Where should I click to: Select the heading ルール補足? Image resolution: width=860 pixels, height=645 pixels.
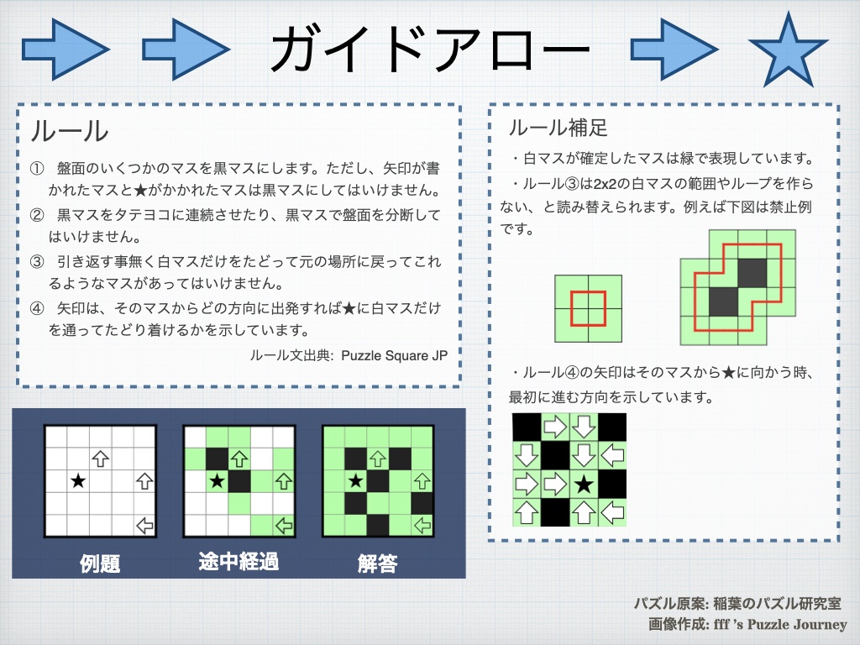tap(558, 128)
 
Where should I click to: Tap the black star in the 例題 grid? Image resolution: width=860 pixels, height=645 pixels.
tap(78, 481)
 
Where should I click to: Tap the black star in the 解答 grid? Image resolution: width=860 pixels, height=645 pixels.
tap(356, 481)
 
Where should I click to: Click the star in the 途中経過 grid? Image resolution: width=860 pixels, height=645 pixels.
tap(217, 481)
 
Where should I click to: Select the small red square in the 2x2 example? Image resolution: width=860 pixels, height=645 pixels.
tap(588, 308)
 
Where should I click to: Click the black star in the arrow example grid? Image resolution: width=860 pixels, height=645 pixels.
tap(585, 484)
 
